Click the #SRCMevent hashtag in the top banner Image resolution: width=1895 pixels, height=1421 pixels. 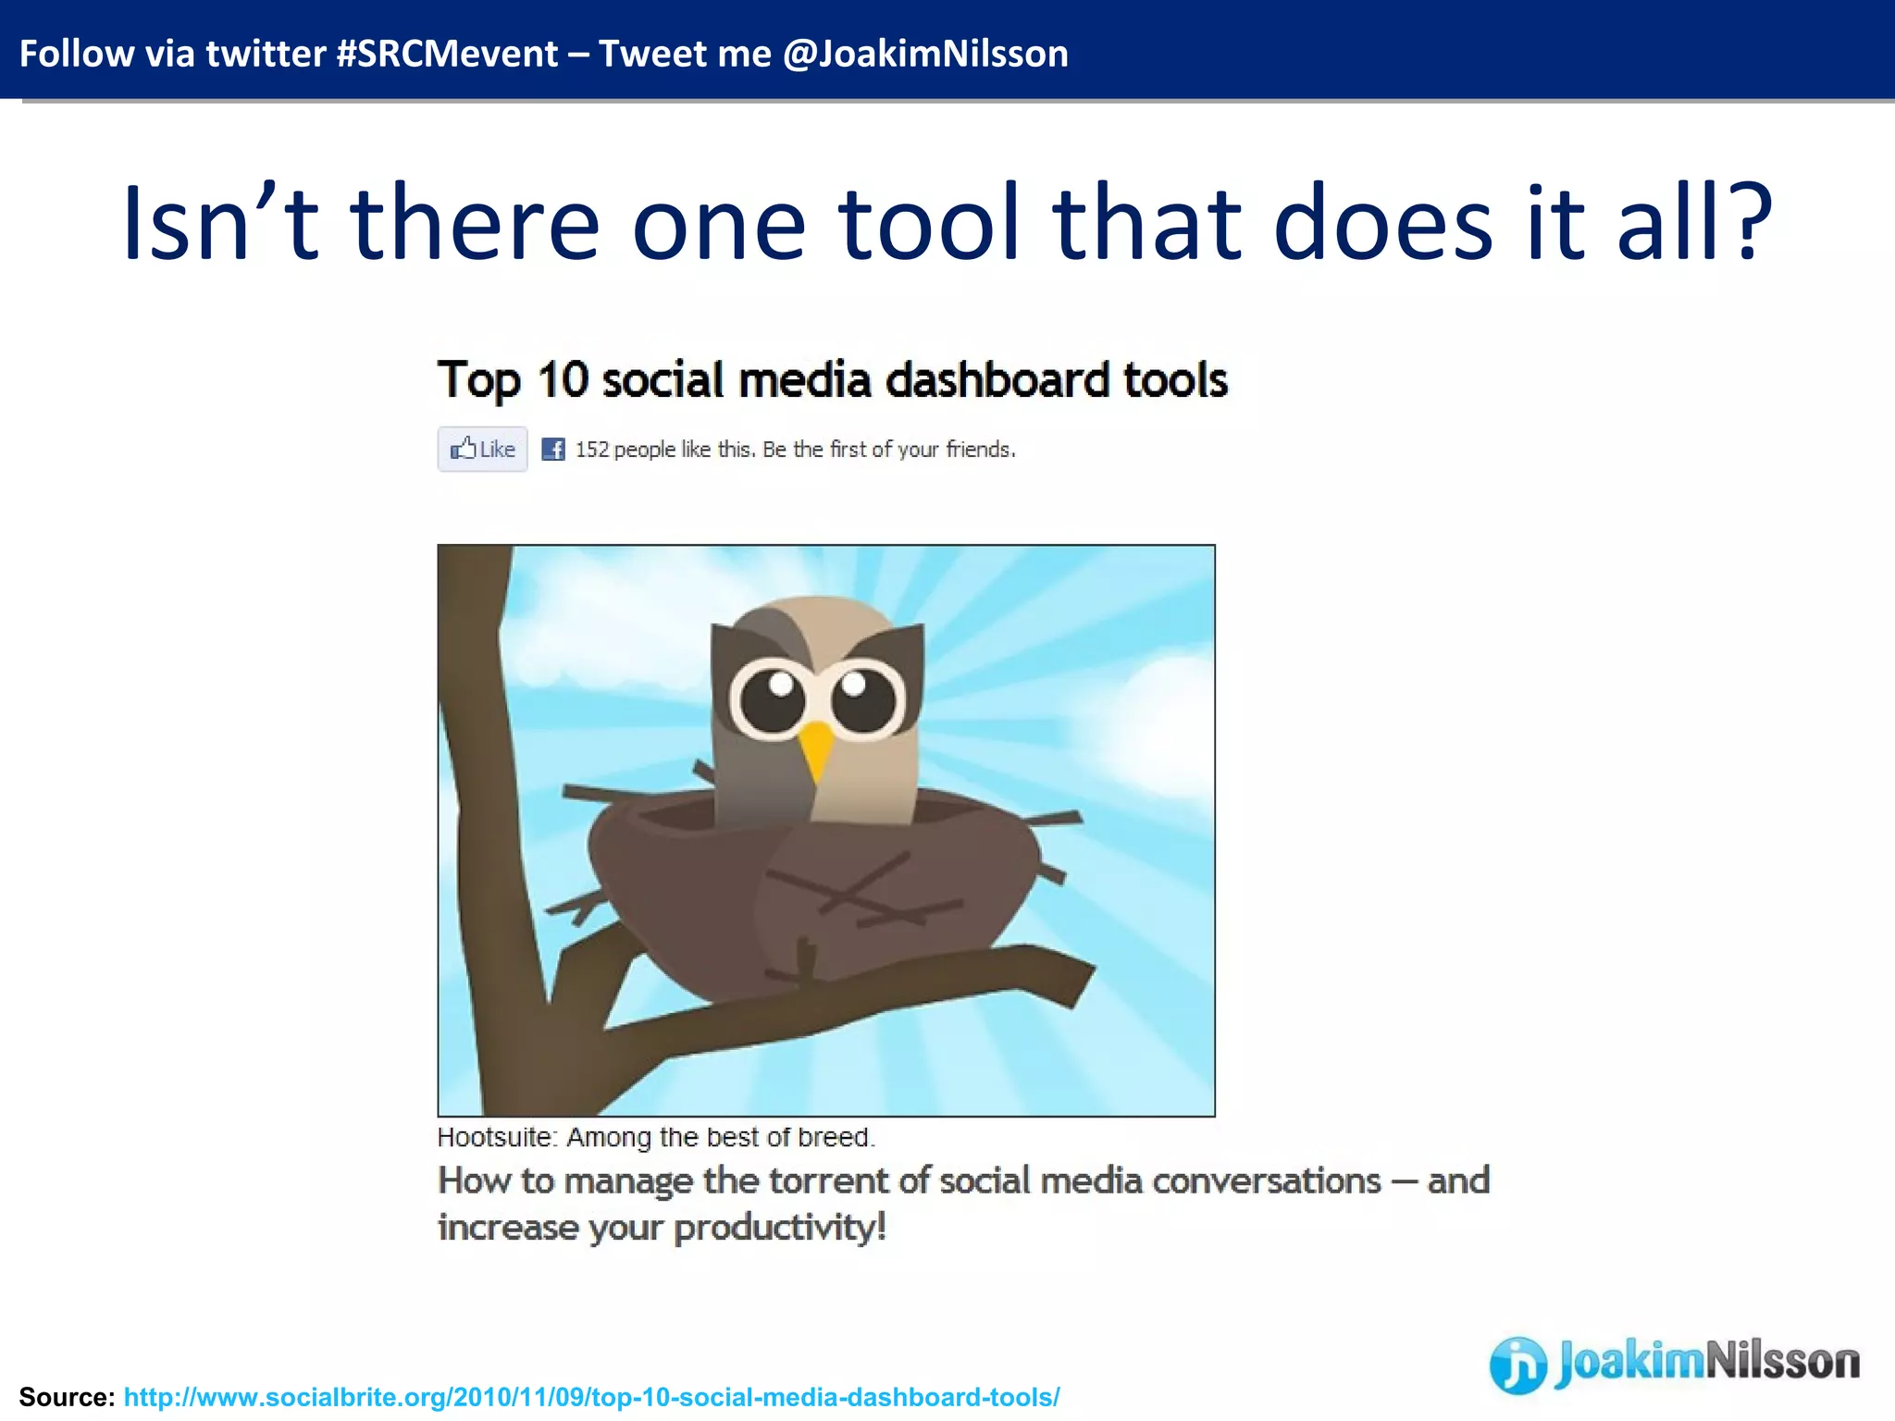point(447,54)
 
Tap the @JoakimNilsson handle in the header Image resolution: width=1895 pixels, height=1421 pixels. point(924,54)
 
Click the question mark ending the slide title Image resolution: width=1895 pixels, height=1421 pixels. point(1744,222)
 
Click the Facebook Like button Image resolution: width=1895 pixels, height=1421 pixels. point(482,450)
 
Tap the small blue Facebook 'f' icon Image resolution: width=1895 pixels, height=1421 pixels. point(553,450)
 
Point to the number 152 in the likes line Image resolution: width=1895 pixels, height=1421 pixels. point(592,450)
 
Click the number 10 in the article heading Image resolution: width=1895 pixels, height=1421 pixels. point(563,379)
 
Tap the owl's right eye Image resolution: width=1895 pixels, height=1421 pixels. point(864,698)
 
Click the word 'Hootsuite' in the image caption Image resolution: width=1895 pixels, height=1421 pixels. point(495,1137)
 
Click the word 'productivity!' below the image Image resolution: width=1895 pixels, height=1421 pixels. point(779,1228)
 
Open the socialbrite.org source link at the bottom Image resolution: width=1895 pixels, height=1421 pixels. point(591,1397)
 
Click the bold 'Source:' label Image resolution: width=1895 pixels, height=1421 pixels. point(67,1397)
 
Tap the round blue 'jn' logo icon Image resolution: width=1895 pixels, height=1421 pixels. point(1517,1365)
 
